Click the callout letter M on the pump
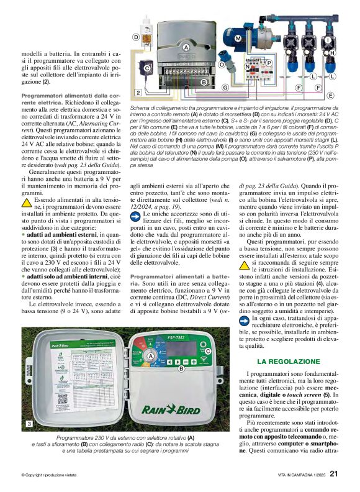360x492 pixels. tap(237, 39)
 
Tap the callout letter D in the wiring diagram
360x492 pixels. tap(136, 37)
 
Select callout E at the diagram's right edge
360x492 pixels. tap(330, 96)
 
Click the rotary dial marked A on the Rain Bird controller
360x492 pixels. tap(150, 356)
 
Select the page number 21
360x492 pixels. tap(333, 473)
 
